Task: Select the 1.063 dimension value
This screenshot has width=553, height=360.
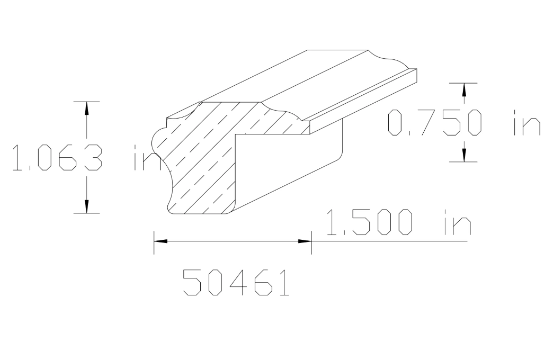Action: pyautogui.click(x=56, y=157)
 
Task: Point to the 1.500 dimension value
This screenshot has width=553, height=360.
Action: pyautogui.click(x=368, y=222)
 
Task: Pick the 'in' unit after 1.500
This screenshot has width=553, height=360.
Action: pyautogui.click(x=456, y=222)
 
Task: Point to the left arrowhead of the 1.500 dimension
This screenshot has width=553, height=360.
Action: pyautogui.click(x=160, y=241)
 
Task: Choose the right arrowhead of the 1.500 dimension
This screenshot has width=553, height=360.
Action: pyautogui.click(x=305, y=241)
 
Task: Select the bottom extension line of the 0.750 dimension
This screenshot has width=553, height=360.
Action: pyautogui.click(x=464, y=161)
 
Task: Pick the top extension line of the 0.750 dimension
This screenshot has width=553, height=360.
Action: pyautogui.click(x=464, y=83)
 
